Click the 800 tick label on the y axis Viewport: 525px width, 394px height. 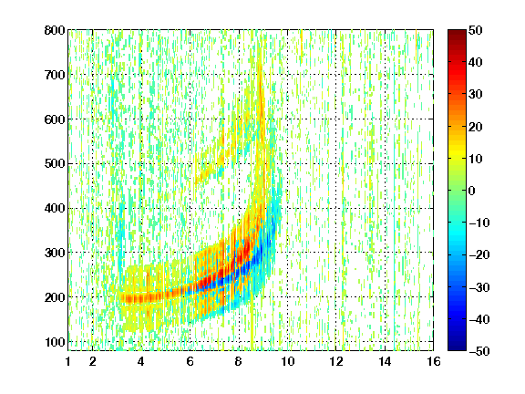coord(55,30)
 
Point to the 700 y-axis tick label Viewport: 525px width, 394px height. coord(55,75)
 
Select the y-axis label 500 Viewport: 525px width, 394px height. coord(55,164)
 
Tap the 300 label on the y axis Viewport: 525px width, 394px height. coord(55,253)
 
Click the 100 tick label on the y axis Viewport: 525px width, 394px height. coord(55,342)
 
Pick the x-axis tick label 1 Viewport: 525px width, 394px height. coord(68,361)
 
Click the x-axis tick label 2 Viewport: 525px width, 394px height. coord(92,361)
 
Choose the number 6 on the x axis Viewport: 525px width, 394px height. coord(190,361)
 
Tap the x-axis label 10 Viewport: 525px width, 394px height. coord(288,361)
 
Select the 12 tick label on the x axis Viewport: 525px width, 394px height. coord(336,361)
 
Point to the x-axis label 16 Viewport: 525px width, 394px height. coord(434,361)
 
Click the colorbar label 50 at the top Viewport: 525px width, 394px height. coord(475,30)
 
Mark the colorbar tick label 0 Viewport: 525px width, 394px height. coord(472,191)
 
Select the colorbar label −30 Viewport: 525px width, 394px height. coord(479,287)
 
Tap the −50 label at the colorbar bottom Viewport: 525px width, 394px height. coord(479,351)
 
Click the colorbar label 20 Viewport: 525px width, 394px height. coord(475,127)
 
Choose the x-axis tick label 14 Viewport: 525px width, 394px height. coord(385,361)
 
